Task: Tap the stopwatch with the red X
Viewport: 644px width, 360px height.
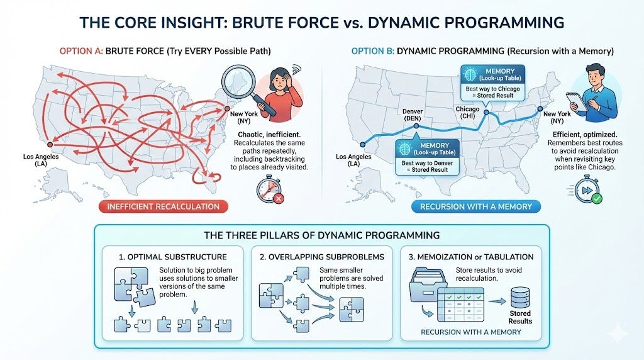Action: click(268, 188)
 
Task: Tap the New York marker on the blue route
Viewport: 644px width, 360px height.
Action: click(539, 108)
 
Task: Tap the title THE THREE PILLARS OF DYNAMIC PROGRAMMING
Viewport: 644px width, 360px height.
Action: click(321, 236)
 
